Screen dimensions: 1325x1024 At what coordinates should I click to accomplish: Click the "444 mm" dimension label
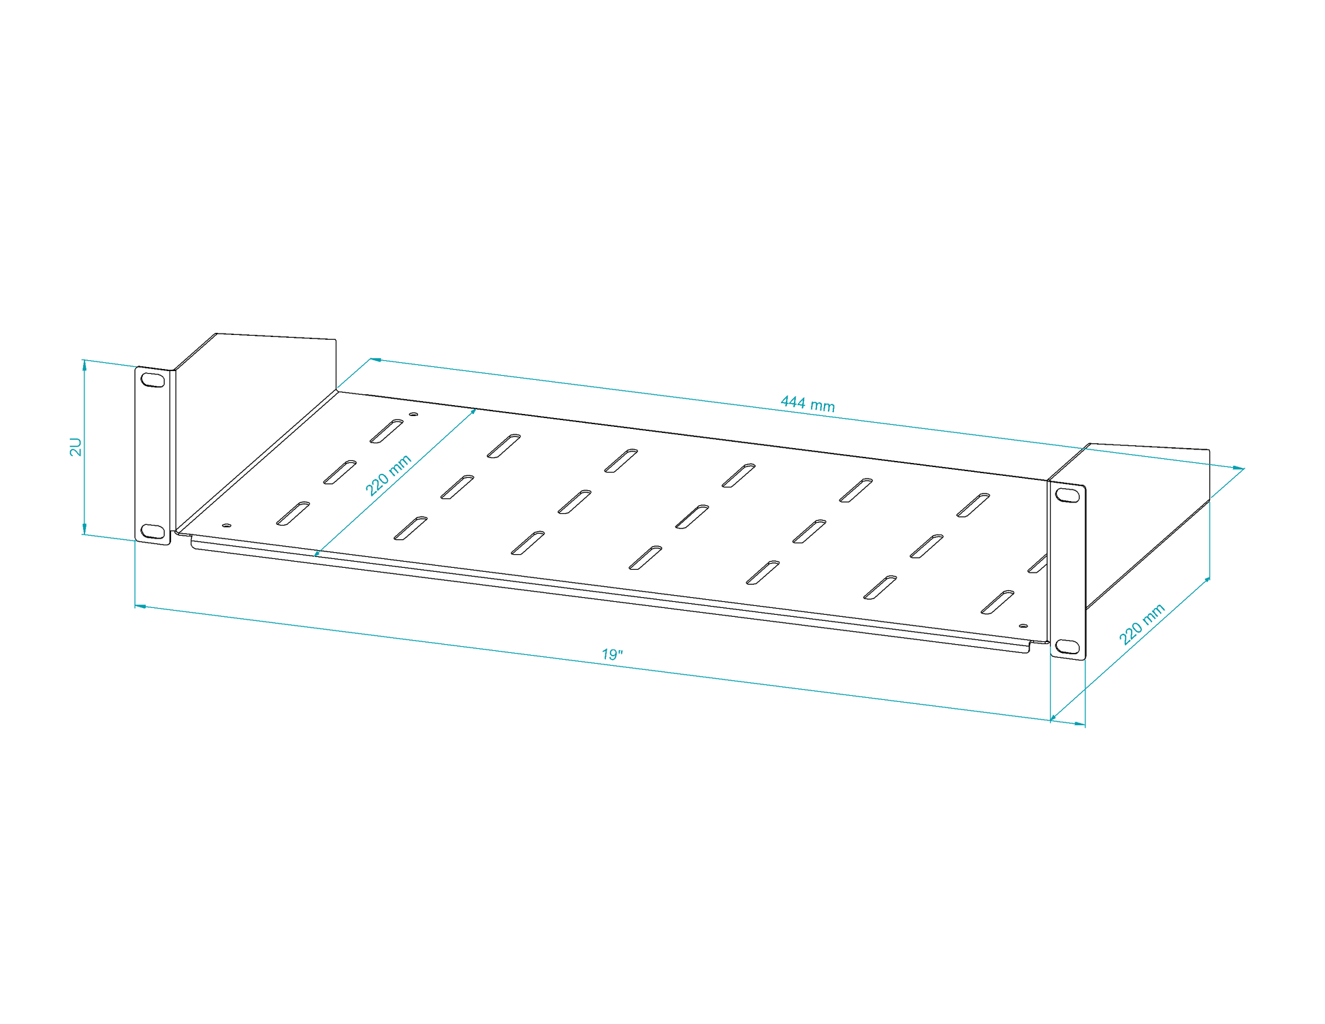point(808,404)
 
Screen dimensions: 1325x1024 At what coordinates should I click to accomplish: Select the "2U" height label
point(76,447)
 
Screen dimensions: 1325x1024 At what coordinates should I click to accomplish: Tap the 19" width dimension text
point(612,654)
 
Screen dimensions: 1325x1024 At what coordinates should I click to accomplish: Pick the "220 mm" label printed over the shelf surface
point(389,475)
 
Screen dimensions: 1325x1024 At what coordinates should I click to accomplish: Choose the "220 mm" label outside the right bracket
point(1143,624)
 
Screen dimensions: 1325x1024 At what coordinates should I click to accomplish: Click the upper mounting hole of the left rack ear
point(153,380)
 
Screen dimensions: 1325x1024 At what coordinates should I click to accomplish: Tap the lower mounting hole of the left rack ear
point(153,531)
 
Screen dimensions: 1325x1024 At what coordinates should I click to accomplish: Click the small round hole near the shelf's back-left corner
point(413,414)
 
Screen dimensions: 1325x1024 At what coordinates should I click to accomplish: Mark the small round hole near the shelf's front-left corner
point(227,525)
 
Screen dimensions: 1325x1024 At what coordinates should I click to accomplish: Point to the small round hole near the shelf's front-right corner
point(1023,625)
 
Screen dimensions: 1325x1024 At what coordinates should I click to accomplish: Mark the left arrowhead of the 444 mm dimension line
point(375,359)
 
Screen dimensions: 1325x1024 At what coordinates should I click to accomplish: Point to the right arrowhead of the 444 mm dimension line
point(1239,468)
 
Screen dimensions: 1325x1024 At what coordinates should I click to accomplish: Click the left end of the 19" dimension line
point(135,605)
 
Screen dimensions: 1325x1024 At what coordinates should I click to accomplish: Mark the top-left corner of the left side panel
point(217,334)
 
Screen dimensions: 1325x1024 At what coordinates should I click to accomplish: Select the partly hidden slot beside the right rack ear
point(1037,564)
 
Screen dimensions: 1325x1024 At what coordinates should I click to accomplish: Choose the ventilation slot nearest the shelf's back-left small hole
point(387,431)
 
